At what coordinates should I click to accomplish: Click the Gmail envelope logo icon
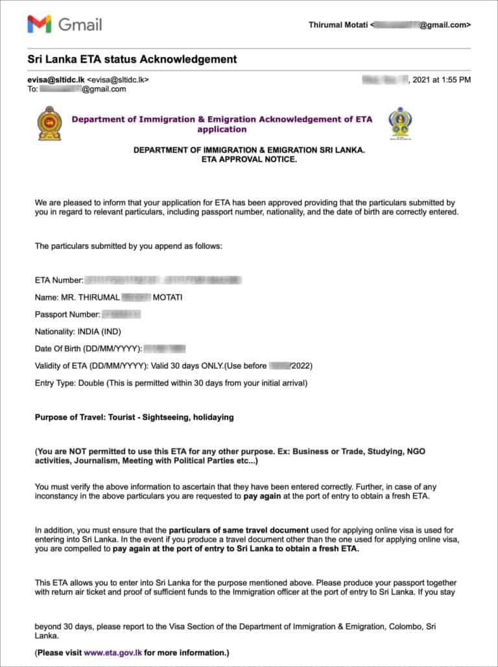pyautogui.click(x=39, y=25)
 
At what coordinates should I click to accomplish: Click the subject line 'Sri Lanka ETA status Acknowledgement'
pyautogui.click(x=132, y=59)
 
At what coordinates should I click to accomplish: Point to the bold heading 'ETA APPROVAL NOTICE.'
pyautogui.click(x=249, y=160)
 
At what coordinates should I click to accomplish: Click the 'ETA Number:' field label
pyautogui.click(x=59, y=280)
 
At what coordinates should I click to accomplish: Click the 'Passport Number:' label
pyautogui.click(x=67, y=315)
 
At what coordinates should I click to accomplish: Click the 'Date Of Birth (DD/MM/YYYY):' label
pyautogui.click(x=88, y=349)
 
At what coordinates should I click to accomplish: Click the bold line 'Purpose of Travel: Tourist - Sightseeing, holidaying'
pyautogui.click(x=134, y=417)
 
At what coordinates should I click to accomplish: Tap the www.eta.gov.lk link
pyautogui.click(x=113, y=652)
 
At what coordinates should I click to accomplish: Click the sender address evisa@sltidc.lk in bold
pyautogui.click(x=56, y=80)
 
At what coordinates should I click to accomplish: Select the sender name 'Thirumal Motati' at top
pyautogui.click(x=338, y=25)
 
